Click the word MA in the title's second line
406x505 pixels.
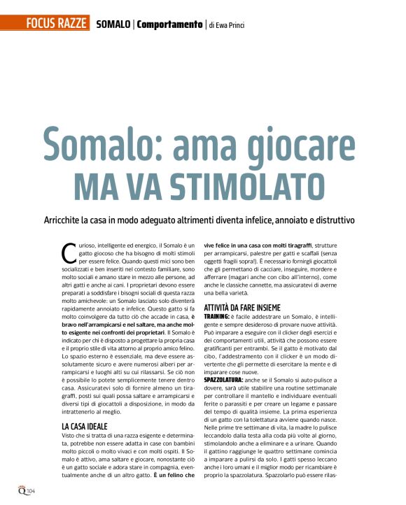(99, 183)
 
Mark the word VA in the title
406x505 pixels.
(148, 183)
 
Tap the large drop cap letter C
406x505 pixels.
(69, 252)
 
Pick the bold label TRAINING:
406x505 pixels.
(219, 318)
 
